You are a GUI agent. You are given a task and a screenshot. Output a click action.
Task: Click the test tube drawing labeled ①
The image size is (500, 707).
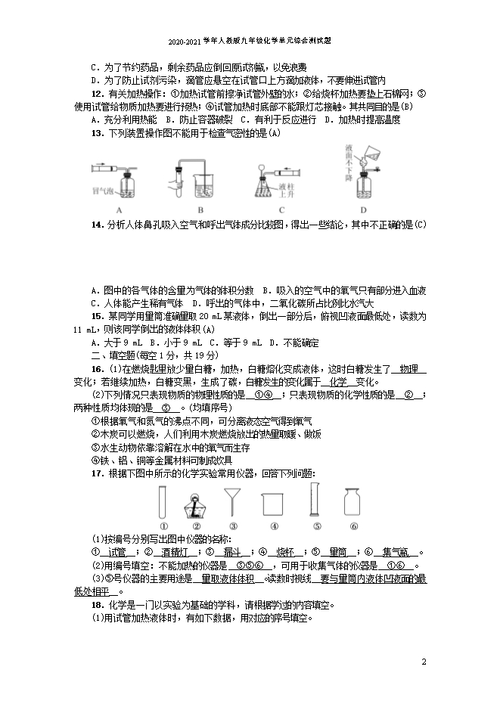point(163,501)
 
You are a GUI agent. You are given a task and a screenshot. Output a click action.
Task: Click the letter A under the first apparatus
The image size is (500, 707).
point(120,209)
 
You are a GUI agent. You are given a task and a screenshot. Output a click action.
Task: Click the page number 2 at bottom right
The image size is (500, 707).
point(424,662)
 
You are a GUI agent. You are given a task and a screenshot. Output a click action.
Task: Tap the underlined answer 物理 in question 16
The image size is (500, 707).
point(408,368)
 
